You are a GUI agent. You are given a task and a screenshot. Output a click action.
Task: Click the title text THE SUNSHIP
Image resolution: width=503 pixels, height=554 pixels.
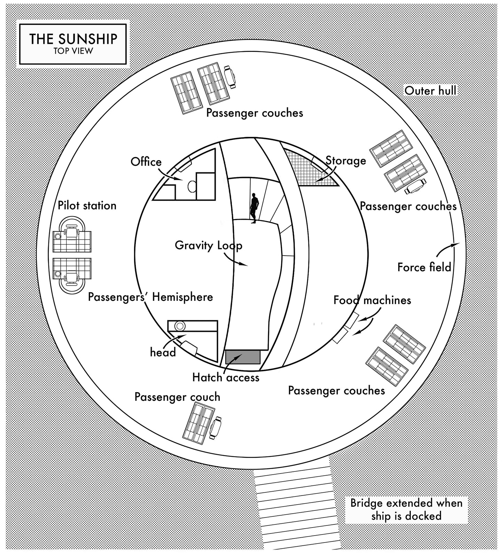click(x=73, y=39)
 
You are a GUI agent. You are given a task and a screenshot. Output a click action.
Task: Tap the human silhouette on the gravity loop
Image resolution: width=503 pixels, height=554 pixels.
click(x=254, y=208)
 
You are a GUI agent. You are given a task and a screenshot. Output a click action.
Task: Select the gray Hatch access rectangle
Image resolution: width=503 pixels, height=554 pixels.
click(x=243, y=357)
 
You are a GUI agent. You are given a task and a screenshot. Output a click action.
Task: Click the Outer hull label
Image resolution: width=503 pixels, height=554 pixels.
click(x=430, y=91)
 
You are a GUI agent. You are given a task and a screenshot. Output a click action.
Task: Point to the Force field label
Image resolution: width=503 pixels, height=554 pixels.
click(x=424, y=267)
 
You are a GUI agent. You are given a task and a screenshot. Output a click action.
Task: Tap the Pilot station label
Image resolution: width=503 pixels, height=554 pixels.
click(x=87, y=205)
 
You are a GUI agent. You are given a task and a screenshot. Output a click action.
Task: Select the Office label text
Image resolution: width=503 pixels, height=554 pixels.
click(x=146, y=162)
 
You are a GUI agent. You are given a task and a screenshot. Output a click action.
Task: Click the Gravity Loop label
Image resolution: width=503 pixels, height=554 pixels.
click(x=208, y=245)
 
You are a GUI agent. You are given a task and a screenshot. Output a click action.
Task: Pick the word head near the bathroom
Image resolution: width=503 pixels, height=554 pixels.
click(x=163, y=352)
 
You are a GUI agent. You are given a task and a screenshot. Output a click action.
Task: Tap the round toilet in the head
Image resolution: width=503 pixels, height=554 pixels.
click(x=180, y=326)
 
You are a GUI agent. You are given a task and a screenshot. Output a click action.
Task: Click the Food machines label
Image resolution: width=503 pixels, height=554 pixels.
click(x=372, y=300)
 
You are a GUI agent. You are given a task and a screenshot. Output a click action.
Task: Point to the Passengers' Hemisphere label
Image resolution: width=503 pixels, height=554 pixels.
click(x=150, y=297)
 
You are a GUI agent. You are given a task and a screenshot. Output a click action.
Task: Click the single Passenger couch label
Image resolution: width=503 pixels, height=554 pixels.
click(x=177, y=397)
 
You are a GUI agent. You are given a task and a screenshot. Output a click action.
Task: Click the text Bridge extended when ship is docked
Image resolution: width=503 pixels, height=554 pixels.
click(x=406, y=509)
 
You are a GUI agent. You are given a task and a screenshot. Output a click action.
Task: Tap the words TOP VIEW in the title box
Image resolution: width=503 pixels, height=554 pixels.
click(x=73, y=51)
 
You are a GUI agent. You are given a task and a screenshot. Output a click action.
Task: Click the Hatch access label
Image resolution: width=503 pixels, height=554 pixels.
click(x=226, y=377)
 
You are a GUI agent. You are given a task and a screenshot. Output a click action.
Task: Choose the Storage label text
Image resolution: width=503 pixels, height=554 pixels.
click(x=345, y=161)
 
